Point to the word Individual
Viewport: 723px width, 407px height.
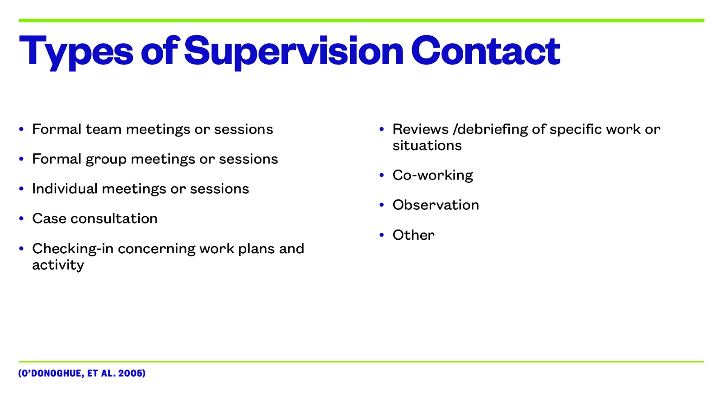pos(65,189)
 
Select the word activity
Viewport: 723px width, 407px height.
pos(58,265)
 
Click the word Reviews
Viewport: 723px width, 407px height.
pos(420,129)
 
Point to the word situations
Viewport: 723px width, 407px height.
pos(427,146)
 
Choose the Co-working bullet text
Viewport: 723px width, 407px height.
pos(432,175)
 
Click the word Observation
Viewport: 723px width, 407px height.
pos(436,205)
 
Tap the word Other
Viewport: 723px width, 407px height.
pos(413,235)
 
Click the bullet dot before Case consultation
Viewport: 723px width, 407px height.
pos(21,219)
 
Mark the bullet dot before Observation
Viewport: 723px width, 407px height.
pos(382,205)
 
